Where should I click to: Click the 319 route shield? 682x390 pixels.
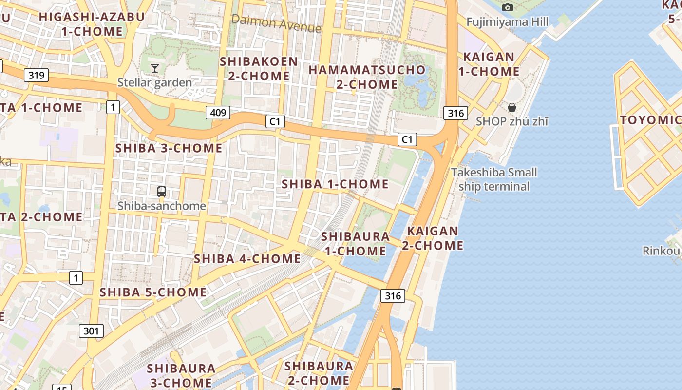[36, 75]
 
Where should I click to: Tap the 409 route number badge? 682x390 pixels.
[217, 113]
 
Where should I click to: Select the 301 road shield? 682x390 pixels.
[91, 331]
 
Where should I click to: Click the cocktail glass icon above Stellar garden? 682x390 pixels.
[155, 68]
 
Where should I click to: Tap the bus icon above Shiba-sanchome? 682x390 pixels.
[162, 192]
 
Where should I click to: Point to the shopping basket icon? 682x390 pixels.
[512, 107]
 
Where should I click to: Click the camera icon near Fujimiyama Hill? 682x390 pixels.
[508, 7]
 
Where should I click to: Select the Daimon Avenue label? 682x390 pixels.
[276, 23]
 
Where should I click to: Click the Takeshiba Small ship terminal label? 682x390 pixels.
[494, 179]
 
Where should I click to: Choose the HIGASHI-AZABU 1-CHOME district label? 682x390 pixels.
[92, 24]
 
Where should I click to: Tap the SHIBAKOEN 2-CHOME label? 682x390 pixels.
[259, 69]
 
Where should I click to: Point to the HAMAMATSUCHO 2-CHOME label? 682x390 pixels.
[367, 77]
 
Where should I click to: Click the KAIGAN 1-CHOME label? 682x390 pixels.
[491, 64]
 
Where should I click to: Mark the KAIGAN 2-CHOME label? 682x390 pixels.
[433, 238]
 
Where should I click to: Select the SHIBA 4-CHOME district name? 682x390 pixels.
[247, 258]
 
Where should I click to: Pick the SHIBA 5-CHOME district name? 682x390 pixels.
[153, 292]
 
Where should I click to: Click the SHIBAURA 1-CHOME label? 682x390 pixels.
[355, 244]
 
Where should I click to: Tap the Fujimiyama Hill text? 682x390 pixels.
[507, 22]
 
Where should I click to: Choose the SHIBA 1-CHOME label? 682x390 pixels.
[335, 184]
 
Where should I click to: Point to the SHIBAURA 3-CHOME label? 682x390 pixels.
[181, 375]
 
